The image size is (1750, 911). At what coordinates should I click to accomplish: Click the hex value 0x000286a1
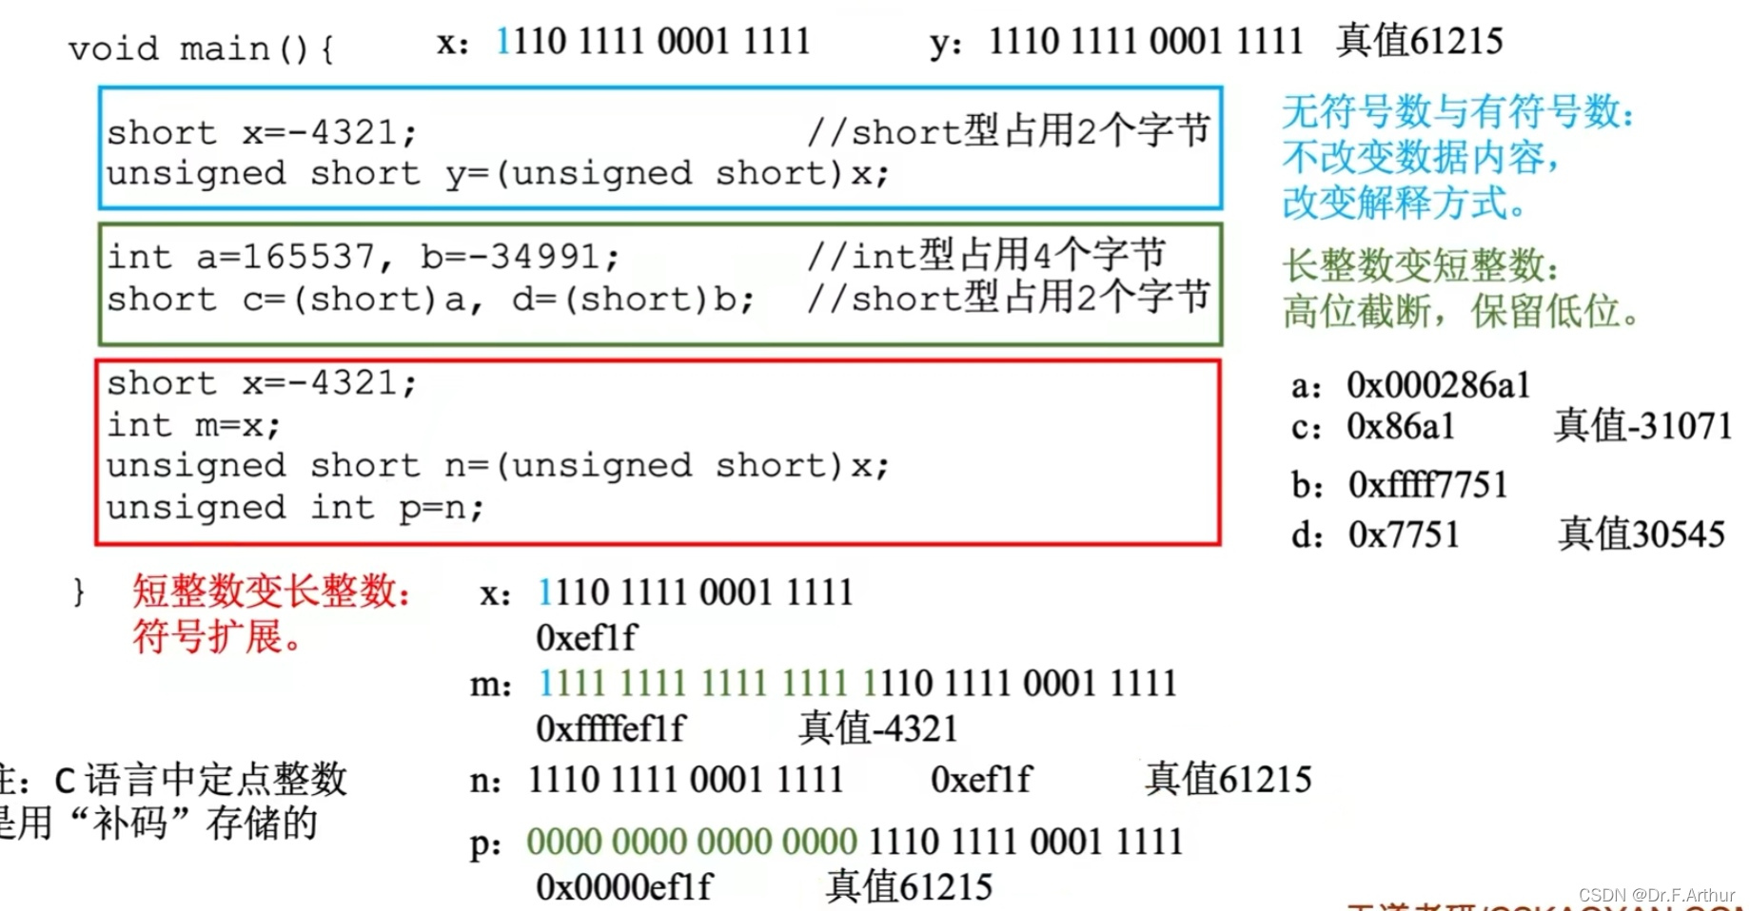click(1438, 385)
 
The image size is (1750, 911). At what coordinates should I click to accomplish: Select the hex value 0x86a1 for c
click(1401, 427)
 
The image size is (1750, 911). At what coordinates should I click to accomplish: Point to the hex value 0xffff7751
click(1428, 485)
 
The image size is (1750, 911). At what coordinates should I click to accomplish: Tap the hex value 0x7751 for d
click(1404, 534)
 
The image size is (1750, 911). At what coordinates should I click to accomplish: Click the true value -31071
click(1642, 426)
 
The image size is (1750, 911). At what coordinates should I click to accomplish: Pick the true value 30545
click(1642, 534)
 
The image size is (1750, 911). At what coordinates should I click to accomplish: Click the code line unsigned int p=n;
click(295, 508)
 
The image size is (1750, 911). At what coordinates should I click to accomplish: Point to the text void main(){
click(201, 48)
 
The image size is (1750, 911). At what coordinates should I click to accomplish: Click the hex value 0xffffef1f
click(610, 729)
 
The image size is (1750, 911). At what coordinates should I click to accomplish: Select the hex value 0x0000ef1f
click(624, 887)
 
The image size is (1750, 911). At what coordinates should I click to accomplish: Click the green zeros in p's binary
click(692, 843)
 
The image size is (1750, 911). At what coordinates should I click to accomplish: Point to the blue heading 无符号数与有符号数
click(1457, 112)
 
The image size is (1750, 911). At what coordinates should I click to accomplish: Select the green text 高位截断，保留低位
click(1460, 311)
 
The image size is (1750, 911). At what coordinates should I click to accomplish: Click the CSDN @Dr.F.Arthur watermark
click(1656, 895)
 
